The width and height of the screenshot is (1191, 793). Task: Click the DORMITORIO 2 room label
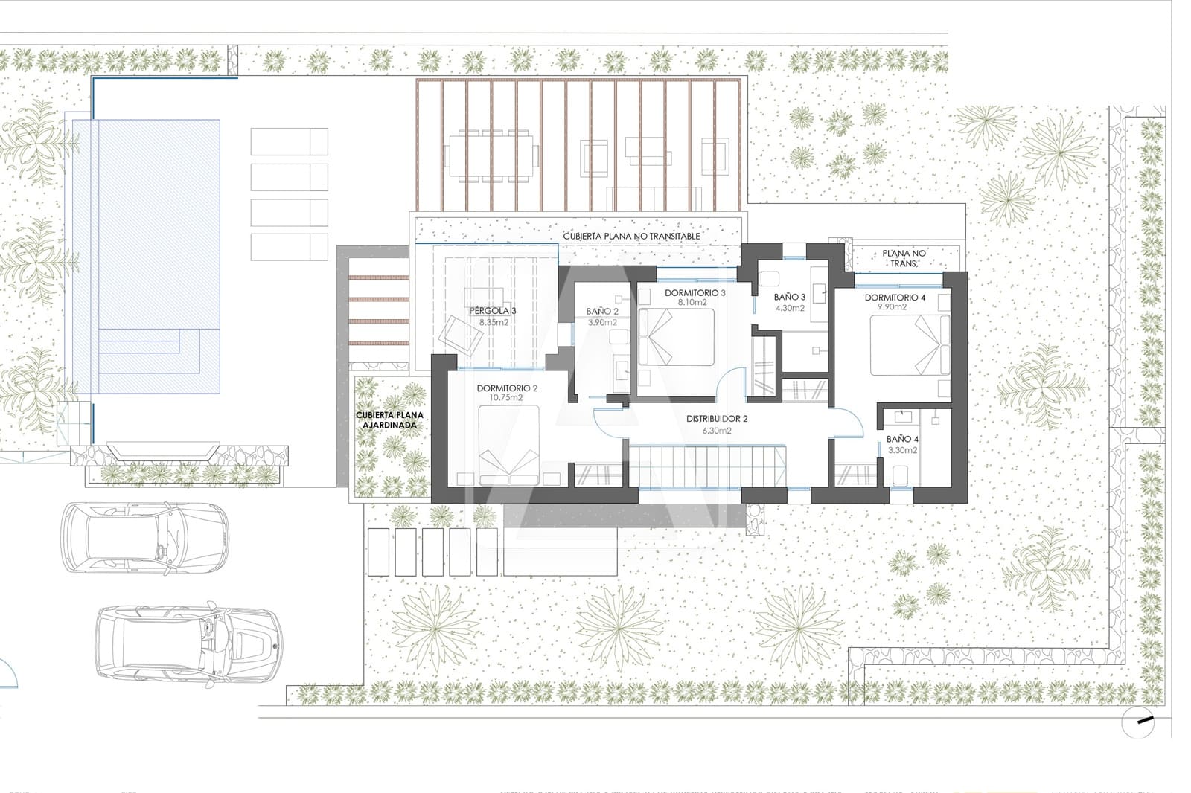pos(507,388)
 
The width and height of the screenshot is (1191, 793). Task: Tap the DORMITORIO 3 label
pos(695,293)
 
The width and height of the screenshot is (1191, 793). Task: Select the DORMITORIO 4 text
pos(895,298)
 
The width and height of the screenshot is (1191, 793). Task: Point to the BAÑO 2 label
pos(602,312)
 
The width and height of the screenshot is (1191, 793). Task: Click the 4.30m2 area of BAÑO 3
pos(790,307)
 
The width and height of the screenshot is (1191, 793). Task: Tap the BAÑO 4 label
pos(902,440)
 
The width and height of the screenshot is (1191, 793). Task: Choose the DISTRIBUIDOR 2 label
pos(717,419)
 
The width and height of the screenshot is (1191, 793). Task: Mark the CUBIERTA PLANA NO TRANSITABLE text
pos(631,236)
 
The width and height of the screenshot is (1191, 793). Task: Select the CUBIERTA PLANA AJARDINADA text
pos(389,420)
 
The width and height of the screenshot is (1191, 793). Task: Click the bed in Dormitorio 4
pos(910,345)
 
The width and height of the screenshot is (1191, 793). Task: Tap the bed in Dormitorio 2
pos(508,449)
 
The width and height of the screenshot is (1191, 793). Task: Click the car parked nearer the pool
pos(144,537)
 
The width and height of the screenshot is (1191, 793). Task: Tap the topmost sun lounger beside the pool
pos(289,141)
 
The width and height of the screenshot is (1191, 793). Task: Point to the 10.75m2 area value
pos(506,398)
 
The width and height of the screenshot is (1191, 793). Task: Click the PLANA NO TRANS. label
pos(903,258)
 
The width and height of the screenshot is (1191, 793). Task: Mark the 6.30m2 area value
pos(717,430)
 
